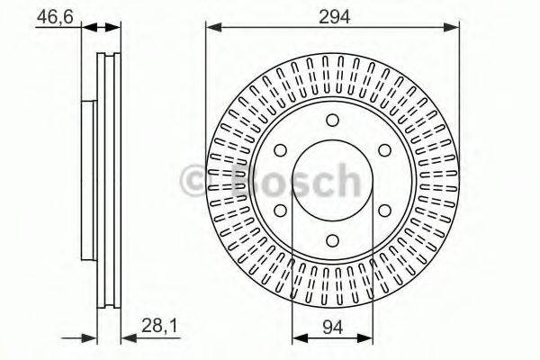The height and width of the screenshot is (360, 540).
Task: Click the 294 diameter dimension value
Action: [x=333, y=16]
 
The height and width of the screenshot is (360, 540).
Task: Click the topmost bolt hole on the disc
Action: [x=333, y=121]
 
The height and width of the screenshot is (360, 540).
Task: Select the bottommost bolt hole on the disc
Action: [x=333, y=239]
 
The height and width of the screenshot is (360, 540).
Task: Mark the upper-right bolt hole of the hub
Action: [x=384, y=150]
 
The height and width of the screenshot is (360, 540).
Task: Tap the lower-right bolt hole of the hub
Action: [x=384, y=210]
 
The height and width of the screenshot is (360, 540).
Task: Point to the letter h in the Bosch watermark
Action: [x=345, y=180]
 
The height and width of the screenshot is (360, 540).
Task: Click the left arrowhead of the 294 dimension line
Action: [x=212, y=29]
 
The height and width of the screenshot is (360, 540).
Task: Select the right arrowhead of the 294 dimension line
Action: [x=455, y=29]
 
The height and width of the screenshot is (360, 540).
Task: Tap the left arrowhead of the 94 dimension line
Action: [x=298, y=338]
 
